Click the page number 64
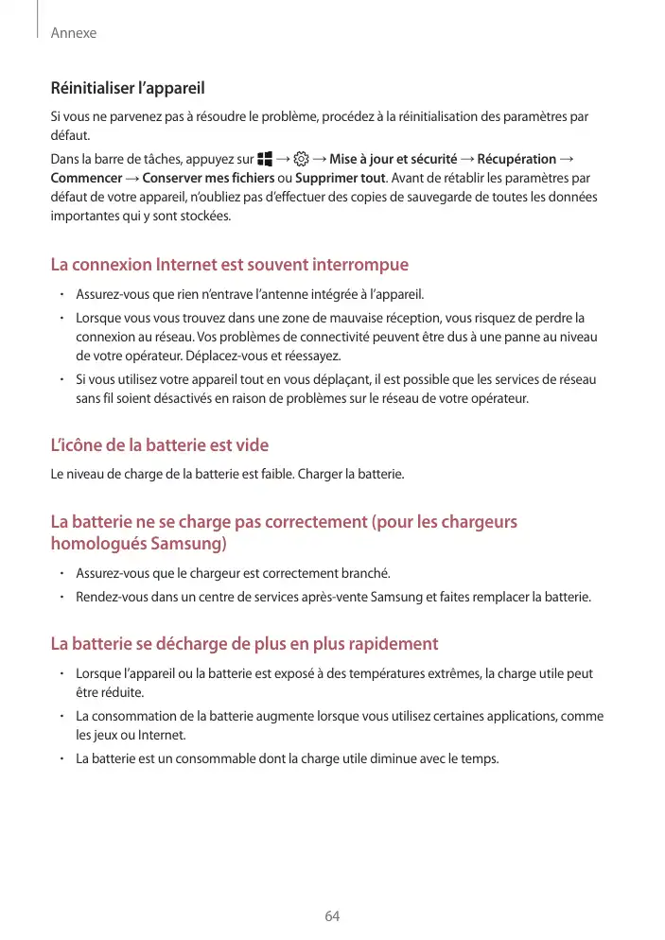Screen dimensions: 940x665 (332, 916)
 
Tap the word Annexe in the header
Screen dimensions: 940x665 (74, 33)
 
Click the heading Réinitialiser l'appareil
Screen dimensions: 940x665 (127, 89)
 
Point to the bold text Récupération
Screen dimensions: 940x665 (516, 159)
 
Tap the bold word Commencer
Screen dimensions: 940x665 (86, 179)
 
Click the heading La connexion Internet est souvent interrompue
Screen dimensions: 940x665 (229, 265)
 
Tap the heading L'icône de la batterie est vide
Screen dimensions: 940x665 (159, 444)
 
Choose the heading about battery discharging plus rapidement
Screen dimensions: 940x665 (244, 644)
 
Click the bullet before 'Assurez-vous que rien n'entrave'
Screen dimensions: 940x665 (60, 293)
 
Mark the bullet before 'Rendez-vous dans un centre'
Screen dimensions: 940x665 (60, 597)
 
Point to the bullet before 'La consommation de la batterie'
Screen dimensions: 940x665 (60, 717)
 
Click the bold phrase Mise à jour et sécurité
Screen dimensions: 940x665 (393, 159)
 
